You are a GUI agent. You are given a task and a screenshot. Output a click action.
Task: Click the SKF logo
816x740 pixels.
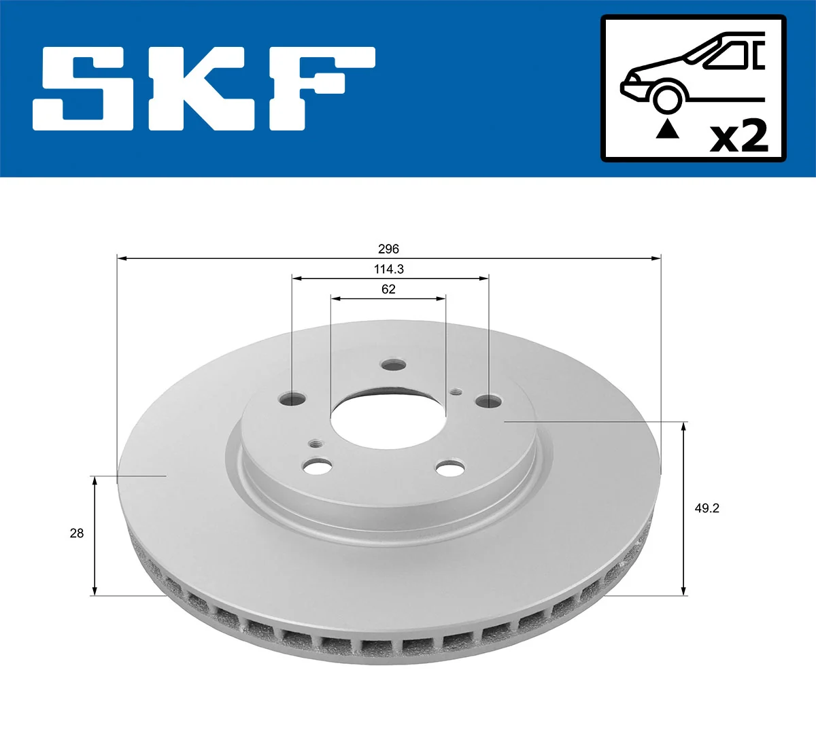[204, 88]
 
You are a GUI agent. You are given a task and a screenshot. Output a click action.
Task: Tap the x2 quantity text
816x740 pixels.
[738, 136]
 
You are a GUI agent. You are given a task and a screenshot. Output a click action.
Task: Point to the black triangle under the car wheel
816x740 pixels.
[667, 129]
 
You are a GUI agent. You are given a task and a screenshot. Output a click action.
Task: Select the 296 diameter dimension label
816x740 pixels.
[388, 249]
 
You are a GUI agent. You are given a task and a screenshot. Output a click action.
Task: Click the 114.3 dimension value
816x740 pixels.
[388, 269]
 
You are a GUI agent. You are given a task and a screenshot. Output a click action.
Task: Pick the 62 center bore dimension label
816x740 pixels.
[388, 289]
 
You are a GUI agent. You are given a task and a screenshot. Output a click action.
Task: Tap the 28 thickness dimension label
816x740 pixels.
[77, 533]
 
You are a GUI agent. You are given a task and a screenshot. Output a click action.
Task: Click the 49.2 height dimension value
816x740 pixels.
[707, 508]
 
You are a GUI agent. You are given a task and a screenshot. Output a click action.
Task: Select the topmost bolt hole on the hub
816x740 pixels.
[393, 366]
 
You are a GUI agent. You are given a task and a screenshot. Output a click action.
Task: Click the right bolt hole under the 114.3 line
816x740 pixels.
[488, 401]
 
